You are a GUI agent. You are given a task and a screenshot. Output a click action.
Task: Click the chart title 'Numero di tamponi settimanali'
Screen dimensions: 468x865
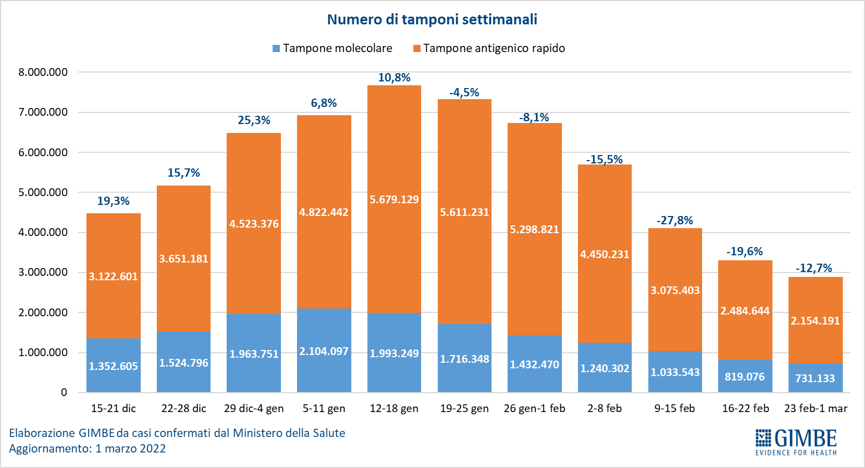point(432,19)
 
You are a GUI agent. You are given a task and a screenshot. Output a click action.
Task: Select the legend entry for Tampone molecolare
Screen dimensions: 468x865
point(332,49)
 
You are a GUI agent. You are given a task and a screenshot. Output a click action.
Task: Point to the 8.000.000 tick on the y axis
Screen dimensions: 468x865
point(43,72)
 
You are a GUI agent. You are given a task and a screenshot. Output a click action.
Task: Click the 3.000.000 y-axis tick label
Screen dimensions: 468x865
point(43,272)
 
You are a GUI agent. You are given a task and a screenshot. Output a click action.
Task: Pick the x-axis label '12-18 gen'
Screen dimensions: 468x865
point(394,409)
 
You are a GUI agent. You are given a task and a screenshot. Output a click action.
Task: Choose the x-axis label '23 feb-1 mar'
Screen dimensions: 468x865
point(816,409)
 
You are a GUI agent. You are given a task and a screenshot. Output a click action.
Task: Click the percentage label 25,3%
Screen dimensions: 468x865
point(254,120)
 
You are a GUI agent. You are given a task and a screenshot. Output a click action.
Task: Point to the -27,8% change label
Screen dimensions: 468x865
point(675,220)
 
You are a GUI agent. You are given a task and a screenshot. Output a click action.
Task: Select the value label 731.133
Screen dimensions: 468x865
point(815,378)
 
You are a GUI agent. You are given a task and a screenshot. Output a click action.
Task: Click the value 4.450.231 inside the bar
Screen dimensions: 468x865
point(605,255)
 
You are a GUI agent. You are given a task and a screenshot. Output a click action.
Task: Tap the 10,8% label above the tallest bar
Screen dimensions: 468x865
point(394,78)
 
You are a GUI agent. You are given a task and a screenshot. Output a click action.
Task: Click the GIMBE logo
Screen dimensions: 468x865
point(796,441)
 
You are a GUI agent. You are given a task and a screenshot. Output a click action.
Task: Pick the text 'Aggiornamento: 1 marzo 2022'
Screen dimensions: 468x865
point(88,449)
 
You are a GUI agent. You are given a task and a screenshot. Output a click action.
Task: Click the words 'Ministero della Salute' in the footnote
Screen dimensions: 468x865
point(289,433)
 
